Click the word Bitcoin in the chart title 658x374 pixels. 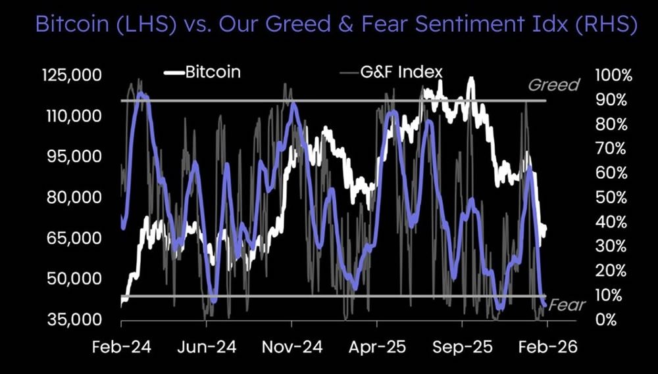[70, 26]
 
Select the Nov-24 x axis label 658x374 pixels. [291, 348]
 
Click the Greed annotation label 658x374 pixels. [554, 85]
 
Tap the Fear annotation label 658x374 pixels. [567, 305]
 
